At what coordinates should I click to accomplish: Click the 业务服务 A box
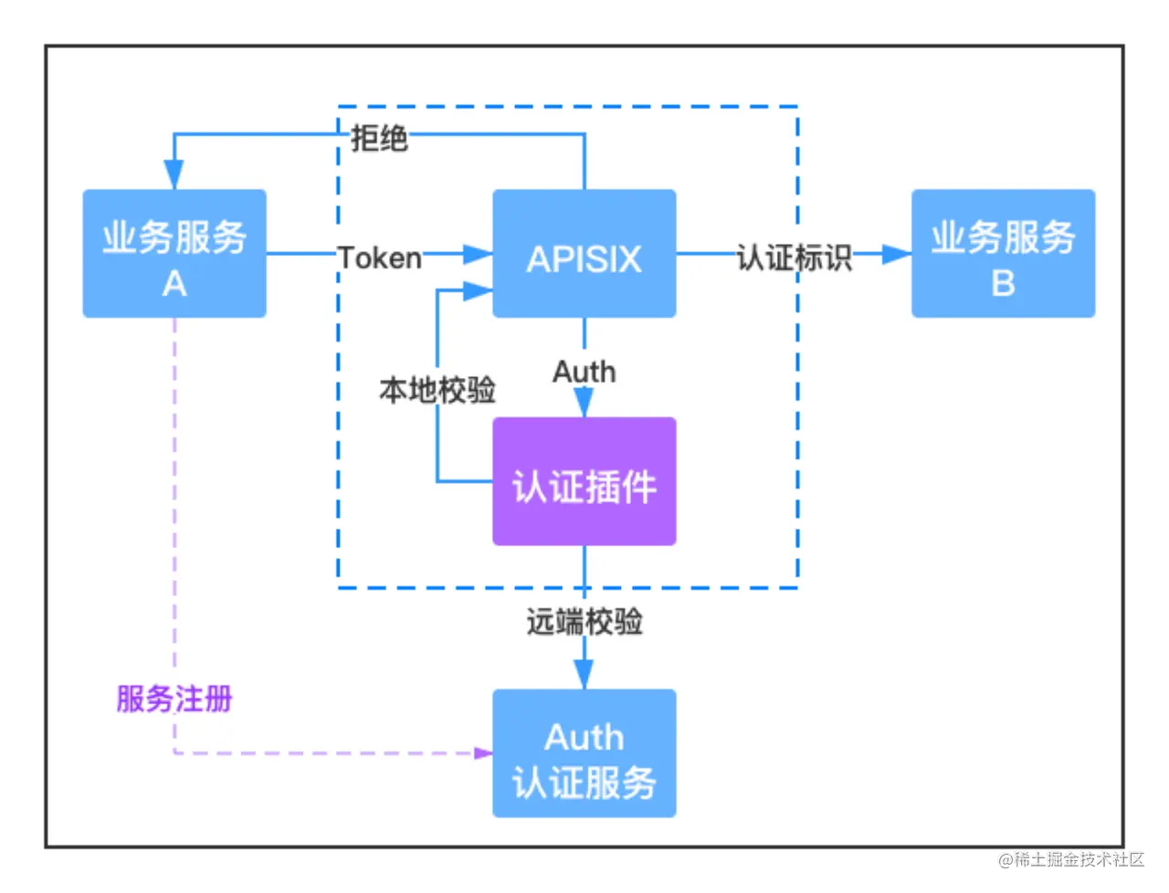(x=174, y=254)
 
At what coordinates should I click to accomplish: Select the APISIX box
(x=584, y=254)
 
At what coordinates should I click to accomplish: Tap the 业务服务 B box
(x=1003, y=254)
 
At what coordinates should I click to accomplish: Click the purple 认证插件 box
(x=584, y=482)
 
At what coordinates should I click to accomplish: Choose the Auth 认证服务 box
(x=584, y=753)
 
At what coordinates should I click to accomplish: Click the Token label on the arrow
(x=380, y=258)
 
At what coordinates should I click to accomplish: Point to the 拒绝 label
(x=379, y=139)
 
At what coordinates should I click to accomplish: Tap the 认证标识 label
(x=794, y=257)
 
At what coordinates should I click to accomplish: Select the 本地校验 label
(x=437, y=391)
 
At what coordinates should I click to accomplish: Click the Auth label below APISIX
(x=584, y=373)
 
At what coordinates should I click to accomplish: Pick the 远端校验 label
(x=584, y=623)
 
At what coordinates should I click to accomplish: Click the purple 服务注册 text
(x=174, y=699)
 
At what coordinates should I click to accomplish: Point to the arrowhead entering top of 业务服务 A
(x=174, y=174)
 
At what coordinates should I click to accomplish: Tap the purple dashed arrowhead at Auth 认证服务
(x=483, y=753)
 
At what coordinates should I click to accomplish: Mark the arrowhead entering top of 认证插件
(x=584, y=403)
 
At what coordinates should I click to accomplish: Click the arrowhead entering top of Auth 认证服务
(x=584, y=675)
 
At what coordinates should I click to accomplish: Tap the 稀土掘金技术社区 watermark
(x=1069, y=858)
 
